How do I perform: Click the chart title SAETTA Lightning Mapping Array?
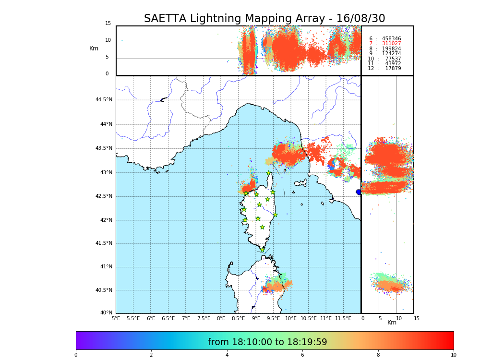tap(264, 19)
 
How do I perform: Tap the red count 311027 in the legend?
tap(391, 44)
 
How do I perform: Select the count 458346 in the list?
tap(391, 38)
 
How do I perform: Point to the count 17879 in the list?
tap(393, 69)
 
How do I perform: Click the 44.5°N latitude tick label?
tap(104, 100)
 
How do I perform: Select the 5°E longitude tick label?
tap(116, 318)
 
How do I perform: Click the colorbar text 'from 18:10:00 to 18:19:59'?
tap(267, 342)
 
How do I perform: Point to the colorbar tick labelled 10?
tap(453, 355)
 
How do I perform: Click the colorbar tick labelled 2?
tap(151, 355)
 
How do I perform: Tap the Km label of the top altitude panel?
tap(94, 48)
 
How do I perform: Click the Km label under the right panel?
tap(392, 323)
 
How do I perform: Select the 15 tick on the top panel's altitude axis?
tap(108, 24)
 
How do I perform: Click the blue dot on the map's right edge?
tap(359, 192)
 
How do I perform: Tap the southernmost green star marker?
tap(263, 250)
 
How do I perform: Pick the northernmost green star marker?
tap(269, 173)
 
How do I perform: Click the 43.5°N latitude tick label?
tap(104, 148)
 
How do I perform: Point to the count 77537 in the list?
tap(393, 59)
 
